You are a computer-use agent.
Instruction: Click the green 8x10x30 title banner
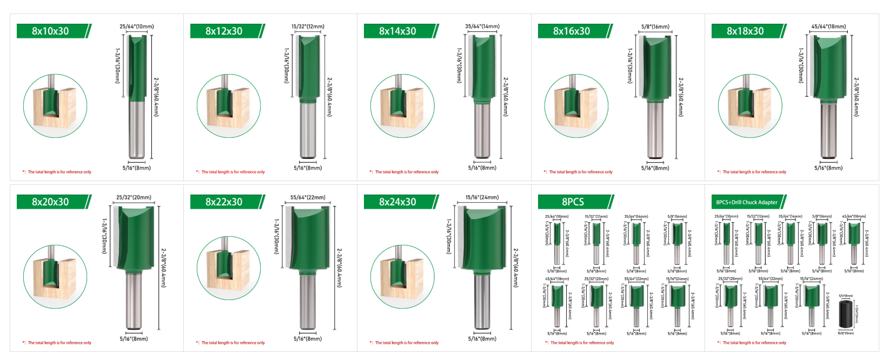pyautogui.click(x=51, y=31)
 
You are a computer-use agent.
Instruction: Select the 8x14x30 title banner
pyautogui.click(x=399, y=31)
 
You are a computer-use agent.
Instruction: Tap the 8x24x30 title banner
pyautogui.click(x=399, y=202)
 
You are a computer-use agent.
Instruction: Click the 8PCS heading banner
pyautogui.click(x=573, y=202)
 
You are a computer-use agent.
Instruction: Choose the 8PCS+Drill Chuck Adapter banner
pyautogui.click(x=747, y=202)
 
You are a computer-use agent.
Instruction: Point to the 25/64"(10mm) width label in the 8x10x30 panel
pyautogui.click(x=136, y=26)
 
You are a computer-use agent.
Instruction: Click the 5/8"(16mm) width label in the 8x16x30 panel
pyautogui.click(x=655, y=26)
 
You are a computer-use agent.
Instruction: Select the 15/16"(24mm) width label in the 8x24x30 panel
pyautogui.click(x=482, y=197)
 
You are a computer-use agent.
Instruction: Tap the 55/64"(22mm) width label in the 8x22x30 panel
pyautogui.click(x=308, y=197)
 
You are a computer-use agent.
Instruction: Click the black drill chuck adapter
pyautogui.click(x=845, y=314)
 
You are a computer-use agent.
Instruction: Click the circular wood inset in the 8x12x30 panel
pyautogui.click(x=229, y=106)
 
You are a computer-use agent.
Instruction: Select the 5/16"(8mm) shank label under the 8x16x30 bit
pyautogui.click(x=655, y=168)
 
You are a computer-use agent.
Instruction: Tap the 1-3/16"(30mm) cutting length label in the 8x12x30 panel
pyautogui.click(x=287, y=65)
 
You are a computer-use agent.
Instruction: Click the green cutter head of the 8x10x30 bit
pyautogui.click(x=137, y=68)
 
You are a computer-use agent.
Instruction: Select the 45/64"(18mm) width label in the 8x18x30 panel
pyautogui.click(x=828, y=26)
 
